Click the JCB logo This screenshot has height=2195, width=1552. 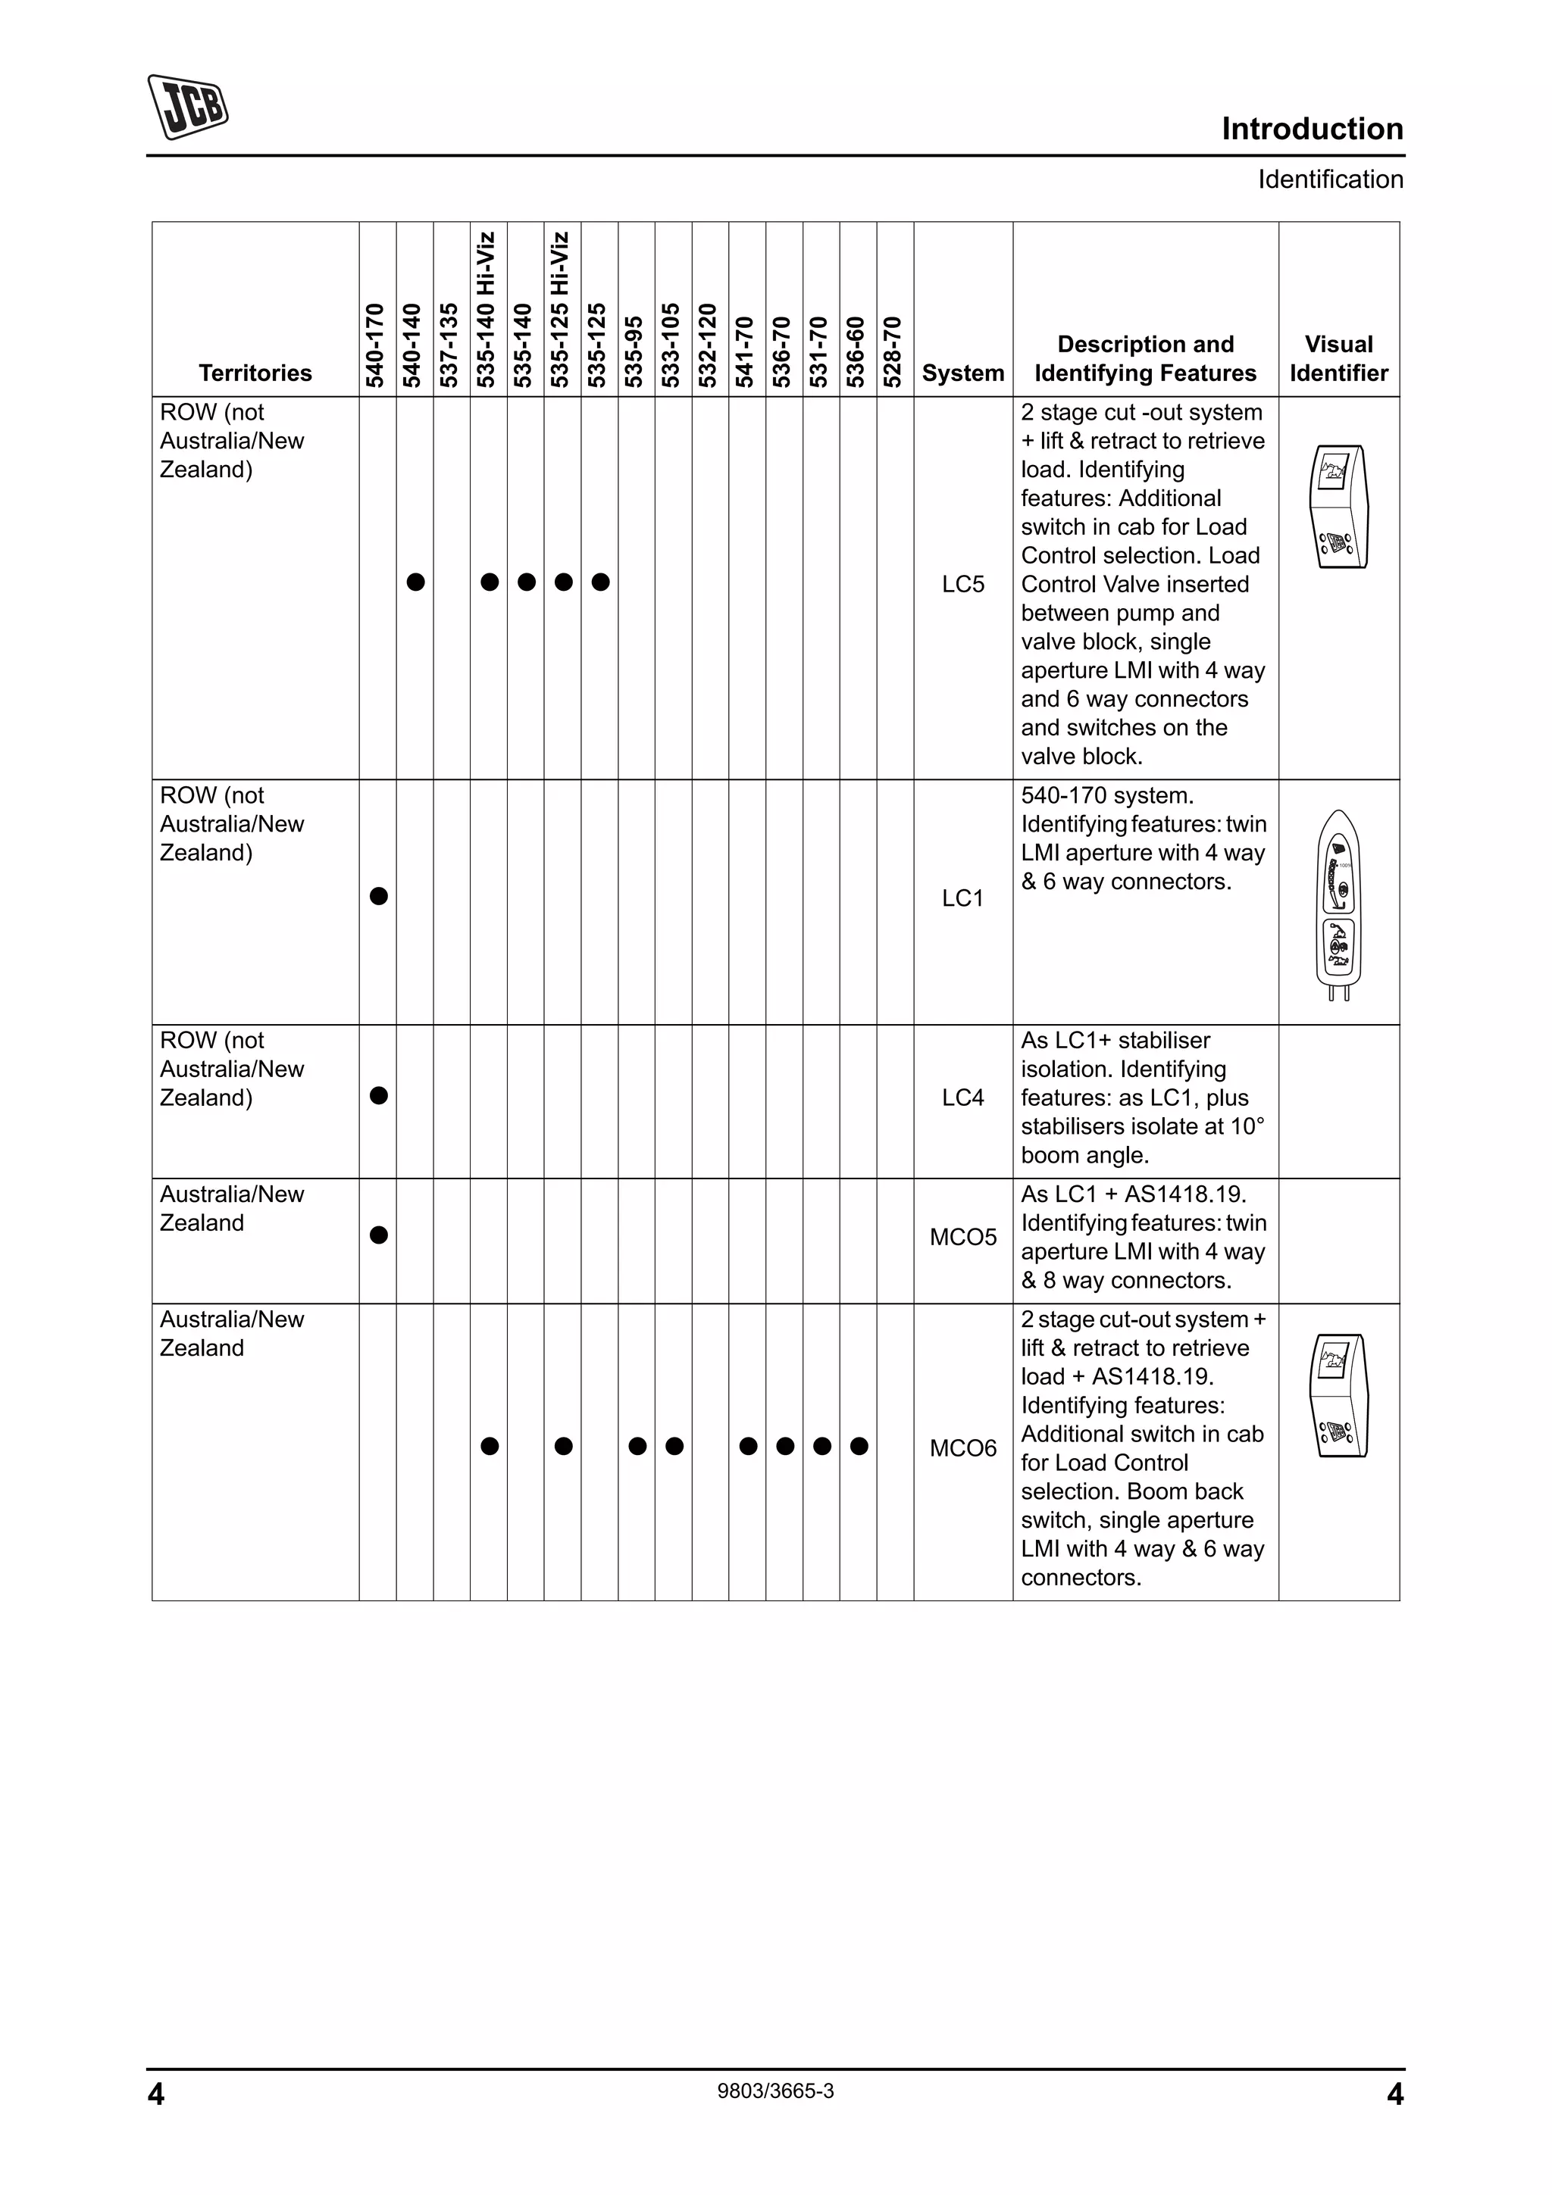coord(187,106)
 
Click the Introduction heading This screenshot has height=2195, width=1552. coord(1311,129)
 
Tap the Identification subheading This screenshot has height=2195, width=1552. coord(1329,180)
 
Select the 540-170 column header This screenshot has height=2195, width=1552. coord(376,345)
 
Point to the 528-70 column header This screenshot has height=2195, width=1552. coord(893,351)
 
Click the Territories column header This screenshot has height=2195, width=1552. coord(255,373)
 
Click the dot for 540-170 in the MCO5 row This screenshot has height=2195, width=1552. coord(379,1235)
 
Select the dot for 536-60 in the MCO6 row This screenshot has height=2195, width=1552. coord(859,1447)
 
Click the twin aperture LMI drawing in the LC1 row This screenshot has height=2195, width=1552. coord(1338,904)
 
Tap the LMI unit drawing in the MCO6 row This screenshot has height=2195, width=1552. coord(1338,1395)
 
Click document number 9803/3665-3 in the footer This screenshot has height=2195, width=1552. coord(774,2090)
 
